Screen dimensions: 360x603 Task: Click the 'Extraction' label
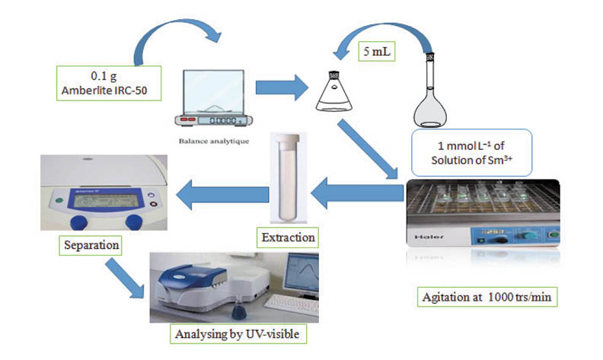[288, 238]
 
